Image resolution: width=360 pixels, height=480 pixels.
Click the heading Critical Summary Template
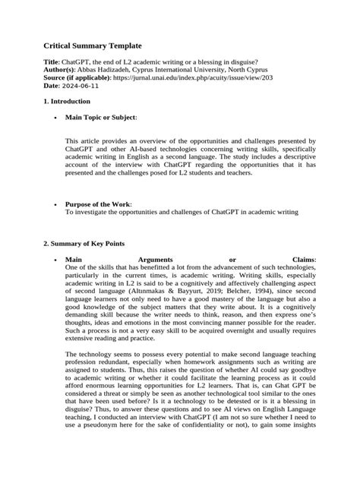point(92,47)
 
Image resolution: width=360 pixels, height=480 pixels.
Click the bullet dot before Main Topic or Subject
point(57,118)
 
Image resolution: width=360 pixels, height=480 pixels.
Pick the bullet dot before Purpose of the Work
point(57,204)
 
